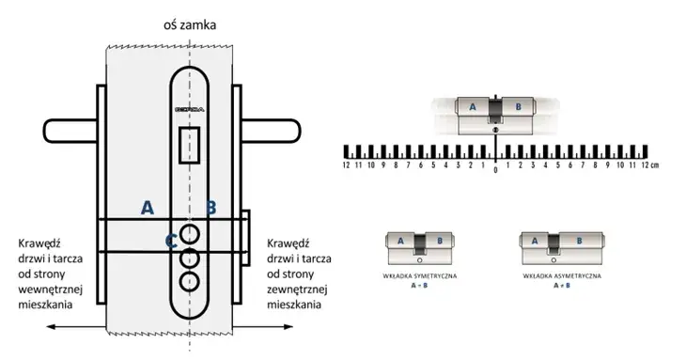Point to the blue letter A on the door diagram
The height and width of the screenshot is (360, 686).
point(147,208)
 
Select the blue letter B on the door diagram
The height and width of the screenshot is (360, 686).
point(211,208)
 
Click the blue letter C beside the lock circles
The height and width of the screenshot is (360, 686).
point(171,242)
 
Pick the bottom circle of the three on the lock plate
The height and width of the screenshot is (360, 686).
point(190,279)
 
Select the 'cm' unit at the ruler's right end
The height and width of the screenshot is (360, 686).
point(656,165)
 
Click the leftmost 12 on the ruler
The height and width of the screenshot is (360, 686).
point(347,165)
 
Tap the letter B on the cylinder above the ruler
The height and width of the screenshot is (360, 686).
point(517,108)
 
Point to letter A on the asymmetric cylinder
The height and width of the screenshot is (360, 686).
point(535,241)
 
